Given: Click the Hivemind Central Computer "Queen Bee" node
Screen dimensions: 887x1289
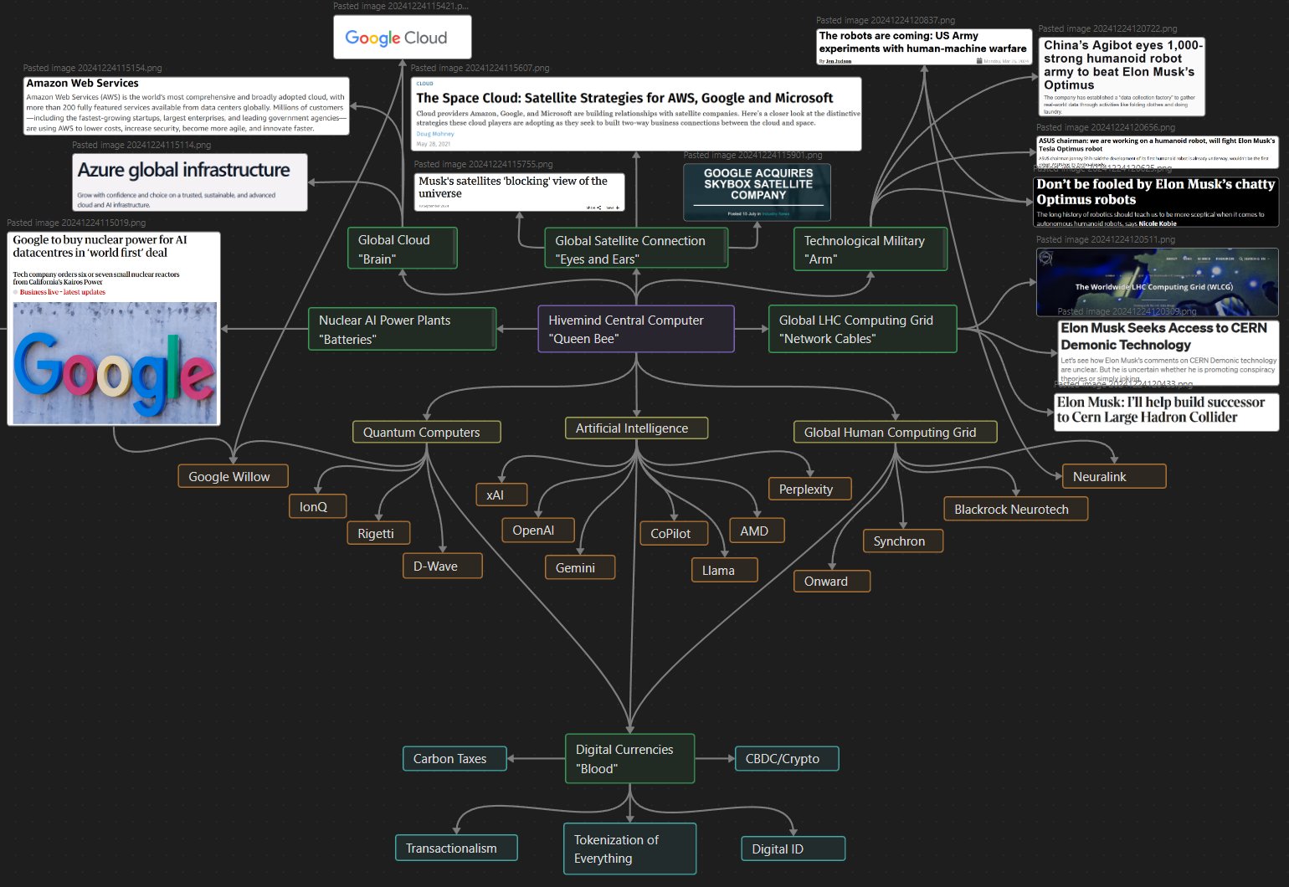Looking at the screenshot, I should click(x=635, y=329).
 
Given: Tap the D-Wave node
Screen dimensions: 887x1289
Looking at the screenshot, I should click(x=442, y=566).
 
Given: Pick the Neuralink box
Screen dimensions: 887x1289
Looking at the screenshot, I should click(x=1113, y=476).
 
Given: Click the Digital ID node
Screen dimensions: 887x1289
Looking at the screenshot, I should click(x=792, y=849).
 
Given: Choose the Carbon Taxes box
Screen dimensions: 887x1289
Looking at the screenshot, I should click(x=454, y=758).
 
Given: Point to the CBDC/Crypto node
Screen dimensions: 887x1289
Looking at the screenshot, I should click(x=786, y=758).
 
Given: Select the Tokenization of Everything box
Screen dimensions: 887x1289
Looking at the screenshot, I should click(x=629, y=849).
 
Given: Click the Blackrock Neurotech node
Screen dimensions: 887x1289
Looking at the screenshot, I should click(x=1015, y=509).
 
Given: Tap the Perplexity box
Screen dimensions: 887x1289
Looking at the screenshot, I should click(x=809, y=489).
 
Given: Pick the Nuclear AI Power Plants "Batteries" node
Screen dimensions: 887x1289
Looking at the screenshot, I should click(x=402, y=329).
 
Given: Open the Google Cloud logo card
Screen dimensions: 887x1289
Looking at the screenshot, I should click(x=402, y=38).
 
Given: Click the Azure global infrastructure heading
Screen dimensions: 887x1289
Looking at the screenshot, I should click(x=183, y=170).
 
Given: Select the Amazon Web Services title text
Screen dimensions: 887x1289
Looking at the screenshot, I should click(x=82, y=84).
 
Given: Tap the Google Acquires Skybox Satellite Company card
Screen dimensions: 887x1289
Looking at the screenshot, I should click(x=757, y=192).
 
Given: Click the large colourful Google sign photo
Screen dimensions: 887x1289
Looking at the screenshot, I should click(x=115, y=362).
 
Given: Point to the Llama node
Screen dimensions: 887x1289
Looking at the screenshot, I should click(x=724, y=570).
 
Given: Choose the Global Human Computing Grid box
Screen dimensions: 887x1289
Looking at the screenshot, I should click(x=895, y=432).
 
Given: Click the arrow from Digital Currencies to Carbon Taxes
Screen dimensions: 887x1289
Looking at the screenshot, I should click(x=536, y=759).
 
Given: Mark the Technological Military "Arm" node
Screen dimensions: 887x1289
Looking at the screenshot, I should click(x=870, y=249).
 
